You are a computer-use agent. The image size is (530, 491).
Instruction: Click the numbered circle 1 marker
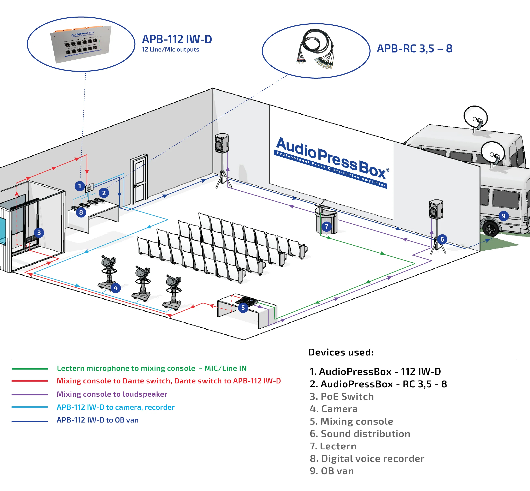pos(79,186)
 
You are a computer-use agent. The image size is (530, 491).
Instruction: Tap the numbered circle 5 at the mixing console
pos(243,308)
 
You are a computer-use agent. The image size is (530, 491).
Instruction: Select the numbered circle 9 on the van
pos(503,216)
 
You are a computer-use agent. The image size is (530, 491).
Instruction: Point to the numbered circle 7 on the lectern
pos(326,227)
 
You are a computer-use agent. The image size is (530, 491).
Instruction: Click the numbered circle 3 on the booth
pos(39,233)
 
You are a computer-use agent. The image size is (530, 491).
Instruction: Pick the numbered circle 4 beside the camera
pos(115,288)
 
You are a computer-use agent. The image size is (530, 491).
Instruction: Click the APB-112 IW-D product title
pos(177,39)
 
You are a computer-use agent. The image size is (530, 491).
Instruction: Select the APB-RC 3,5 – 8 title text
pos(414,49)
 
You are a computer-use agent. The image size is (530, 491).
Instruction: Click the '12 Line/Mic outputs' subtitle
pos(170,50)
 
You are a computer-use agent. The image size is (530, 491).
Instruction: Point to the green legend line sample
pos(30,369)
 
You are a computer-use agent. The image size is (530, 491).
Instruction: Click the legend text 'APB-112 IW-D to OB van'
pos(98,420)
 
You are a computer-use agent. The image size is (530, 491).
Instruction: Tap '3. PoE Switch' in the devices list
pos(342,396)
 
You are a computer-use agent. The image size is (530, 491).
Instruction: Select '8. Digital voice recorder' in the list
pos(367,459)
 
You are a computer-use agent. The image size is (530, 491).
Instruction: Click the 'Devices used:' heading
pos(341,352)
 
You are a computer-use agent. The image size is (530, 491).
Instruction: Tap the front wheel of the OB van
pos(491,228)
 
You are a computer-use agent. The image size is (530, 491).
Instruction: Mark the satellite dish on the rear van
pos(476,117)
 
